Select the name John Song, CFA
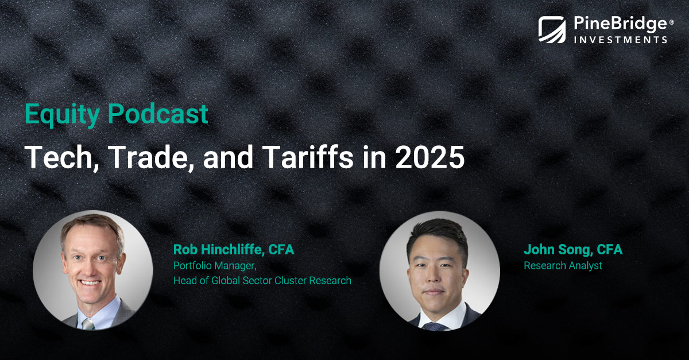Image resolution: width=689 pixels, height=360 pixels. [573, 250]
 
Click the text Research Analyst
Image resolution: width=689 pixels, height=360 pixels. [563, 266]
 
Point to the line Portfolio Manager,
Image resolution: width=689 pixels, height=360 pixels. [214, 266]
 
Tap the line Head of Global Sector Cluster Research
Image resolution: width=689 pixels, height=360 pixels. [262, 281]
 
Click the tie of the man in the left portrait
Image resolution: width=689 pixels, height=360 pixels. [87, 323]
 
